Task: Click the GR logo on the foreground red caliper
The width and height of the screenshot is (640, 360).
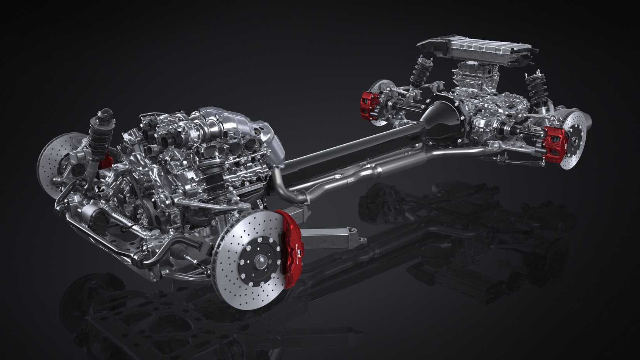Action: click(299, 253)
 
